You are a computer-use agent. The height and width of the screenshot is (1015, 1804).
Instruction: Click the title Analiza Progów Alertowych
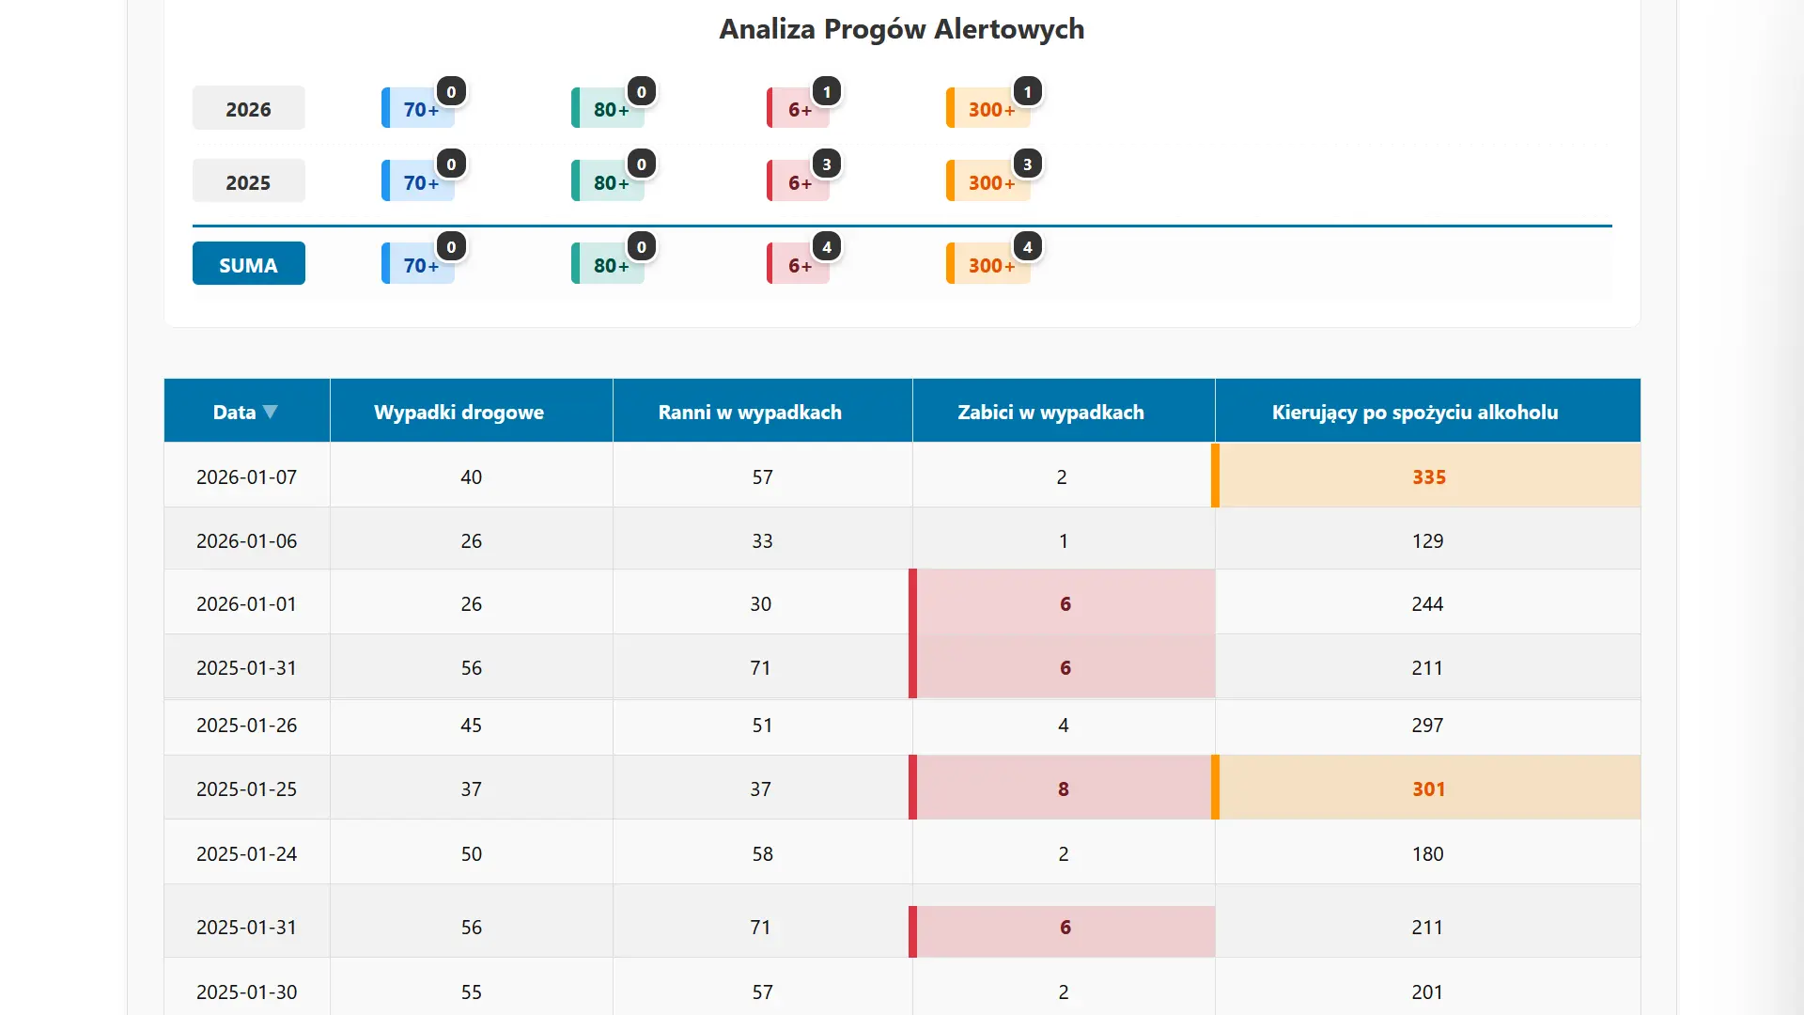(x=901, y=29)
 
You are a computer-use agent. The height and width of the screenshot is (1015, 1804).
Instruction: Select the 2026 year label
(x=248, y=109)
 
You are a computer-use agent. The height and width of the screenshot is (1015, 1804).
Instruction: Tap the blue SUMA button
(x=248, y=265)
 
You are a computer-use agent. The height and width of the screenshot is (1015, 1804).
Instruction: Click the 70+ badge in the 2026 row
(x=420, y=109)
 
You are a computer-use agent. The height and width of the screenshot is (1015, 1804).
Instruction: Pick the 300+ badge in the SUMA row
(x=990, y=265)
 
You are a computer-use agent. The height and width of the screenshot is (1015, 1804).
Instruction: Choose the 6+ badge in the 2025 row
(x=800, y=182)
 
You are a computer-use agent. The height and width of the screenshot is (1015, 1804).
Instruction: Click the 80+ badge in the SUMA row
(x=610, y=265)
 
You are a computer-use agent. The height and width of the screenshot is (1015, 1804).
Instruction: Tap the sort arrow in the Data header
(x=271, y=412)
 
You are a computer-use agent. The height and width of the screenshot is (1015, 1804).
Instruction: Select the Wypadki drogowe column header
(x=459, y=412)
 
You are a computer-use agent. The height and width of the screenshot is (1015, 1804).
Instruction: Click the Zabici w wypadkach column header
(x=1050, y=412)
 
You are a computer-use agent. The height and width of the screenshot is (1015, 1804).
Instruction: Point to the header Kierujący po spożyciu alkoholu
(x=1414, y=412)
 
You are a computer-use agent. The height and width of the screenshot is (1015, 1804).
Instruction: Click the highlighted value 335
(x=1428, y=476)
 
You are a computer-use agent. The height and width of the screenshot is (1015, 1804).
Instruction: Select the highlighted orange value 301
(x=1428, y=789)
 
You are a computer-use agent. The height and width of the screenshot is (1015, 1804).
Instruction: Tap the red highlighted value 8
(x=1063, y=789)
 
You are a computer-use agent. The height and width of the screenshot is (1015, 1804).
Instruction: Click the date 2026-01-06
(x=246, y=540)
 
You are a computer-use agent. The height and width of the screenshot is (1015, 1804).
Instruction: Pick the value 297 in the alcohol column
(x=1426, y=725)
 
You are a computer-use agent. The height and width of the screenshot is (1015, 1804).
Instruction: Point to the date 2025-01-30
(x=246, y=992)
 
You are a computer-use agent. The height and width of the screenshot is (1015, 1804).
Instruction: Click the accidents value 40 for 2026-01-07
(x=471, y=476)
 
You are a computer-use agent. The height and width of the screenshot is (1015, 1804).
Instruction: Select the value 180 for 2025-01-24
(x=1426, y=853)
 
